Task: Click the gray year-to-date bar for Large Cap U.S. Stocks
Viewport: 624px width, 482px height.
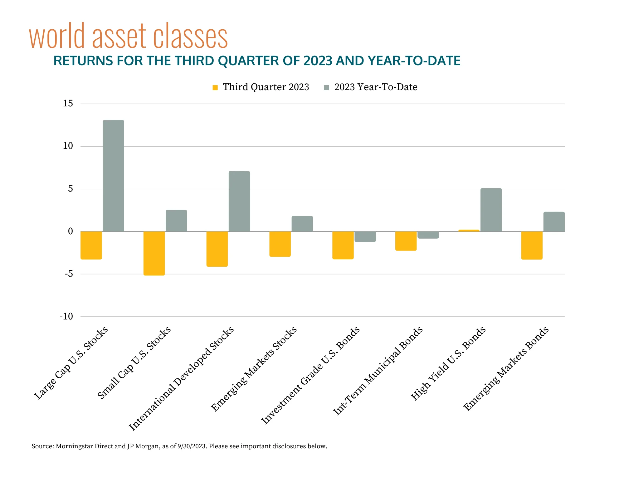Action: pos(113,176)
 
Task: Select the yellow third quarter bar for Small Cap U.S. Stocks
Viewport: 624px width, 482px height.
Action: pos(154,253)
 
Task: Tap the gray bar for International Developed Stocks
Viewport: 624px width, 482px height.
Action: pos(239,201)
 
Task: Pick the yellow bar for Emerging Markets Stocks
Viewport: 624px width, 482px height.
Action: pos(280,244)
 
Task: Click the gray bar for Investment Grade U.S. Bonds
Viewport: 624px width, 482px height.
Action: pos(365,236)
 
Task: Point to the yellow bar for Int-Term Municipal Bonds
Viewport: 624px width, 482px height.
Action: pos(406,241)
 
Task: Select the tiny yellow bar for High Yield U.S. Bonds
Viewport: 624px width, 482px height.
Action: pos(469,231)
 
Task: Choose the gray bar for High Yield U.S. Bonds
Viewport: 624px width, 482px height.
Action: pos(491,210)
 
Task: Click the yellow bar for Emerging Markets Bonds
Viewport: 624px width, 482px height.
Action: pos(532,245)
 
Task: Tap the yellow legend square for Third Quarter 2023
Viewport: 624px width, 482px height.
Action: pos(215,87)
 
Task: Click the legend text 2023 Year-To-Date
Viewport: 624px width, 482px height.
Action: pos(376,87)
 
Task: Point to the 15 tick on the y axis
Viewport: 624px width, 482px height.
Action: pos(68,104)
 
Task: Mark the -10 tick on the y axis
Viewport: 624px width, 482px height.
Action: pos(66,317)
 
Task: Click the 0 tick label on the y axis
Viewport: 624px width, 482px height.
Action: pos(70,231)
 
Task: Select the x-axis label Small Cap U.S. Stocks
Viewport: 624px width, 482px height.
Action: pos(134,363)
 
